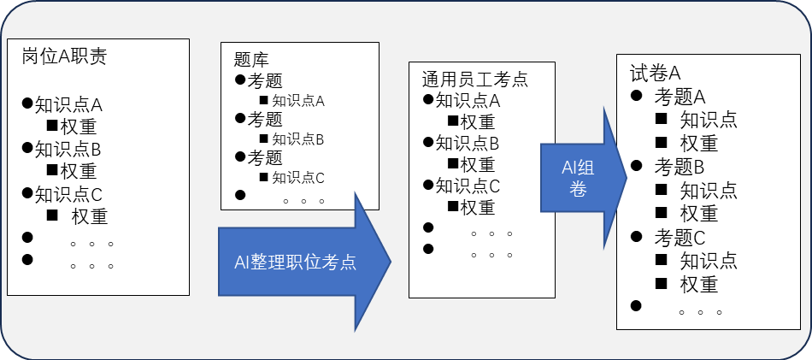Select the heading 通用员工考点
(x=474, y=80)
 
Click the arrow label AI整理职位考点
(x=295, y=263)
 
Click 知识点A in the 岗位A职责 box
(x=68, y=105)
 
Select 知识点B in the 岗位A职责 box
(x=68, y=149)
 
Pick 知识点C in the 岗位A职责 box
(x=68, y=194)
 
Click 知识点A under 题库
(x=298, y=101)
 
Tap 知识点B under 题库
(x=298, y=139)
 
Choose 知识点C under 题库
(x=298, y=178)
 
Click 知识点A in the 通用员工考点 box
(x=468, y=101)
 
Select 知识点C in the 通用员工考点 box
(x=468, y=185)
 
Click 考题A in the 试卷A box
(x=680, y=96)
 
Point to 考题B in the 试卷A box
(x=680, y=166)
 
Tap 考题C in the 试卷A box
(x=680, y=237)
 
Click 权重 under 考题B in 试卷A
(x=698, y=213)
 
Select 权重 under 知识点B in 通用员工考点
(x=477, y=164)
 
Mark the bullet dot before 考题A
(x=636, y=95)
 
